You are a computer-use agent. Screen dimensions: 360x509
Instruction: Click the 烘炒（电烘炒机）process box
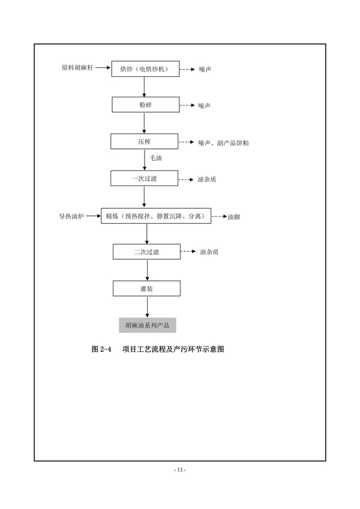145,69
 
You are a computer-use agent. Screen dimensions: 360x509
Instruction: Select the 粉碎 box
146,104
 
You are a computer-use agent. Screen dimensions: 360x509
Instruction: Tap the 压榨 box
145,141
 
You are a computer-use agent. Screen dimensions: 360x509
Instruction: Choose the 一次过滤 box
145,178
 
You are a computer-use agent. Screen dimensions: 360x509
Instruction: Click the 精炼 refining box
156,216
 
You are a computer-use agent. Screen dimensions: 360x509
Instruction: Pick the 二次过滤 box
147,251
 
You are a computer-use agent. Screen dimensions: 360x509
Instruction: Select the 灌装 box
147,288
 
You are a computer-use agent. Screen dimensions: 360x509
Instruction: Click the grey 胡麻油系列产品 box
148,325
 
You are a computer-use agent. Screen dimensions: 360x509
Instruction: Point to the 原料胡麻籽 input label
77,67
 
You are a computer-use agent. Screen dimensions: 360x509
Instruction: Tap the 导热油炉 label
71,216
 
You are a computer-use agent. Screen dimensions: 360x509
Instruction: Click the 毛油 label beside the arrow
155,158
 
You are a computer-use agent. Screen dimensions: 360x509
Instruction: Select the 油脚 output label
234,217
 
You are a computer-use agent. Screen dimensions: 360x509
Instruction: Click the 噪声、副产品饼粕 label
224,143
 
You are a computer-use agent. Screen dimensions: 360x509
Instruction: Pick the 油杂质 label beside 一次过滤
207,179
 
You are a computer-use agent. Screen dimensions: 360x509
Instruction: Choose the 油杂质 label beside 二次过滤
209,252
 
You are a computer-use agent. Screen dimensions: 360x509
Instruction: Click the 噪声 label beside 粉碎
205,106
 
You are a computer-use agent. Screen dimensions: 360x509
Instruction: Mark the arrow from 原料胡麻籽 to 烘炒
103,68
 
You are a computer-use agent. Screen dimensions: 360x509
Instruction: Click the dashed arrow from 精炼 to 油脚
219,216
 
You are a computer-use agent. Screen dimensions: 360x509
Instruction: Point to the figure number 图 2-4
101,349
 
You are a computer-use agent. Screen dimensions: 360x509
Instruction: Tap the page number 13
180,470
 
